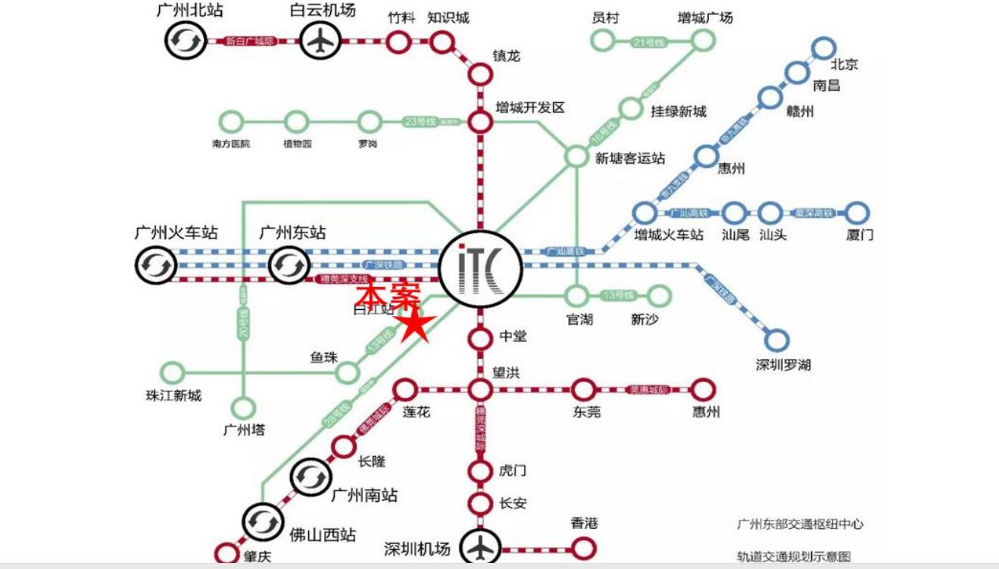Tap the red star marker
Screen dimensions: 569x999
(x=415, y=327)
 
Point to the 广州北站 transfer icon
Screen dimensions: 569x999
(x=186, y=40)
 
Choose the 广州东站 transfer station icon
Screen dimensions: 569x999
(x=289, y=265)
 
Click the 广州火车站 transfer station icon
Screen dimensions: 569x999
(x=156, y=265)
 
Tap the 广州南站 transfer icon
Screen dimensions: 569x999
(x=310, y=477)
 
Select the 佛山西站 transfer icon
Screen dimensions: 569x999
(x=262, y=522)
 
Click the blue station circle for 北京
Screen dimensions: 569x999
(x=823, y=49)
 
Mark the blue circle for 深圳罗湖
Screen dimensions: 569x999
(x=776, y=340)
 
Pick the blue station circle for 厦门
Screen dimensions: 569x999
(x=857, y=213)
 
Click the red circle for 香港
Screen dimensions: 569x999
(x=583, y=547)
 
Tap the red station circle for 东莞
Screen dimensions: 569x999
(x=583, y=390)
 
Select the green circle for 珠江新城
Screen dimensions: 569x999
(x=173, y=372)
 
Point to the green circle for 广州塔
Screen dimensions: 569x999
(x=243, y=408)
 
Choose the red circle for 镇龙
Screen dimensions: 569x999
(x=479, y=74)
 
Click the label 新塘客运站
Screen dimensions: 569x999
(x=630, y=158)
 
